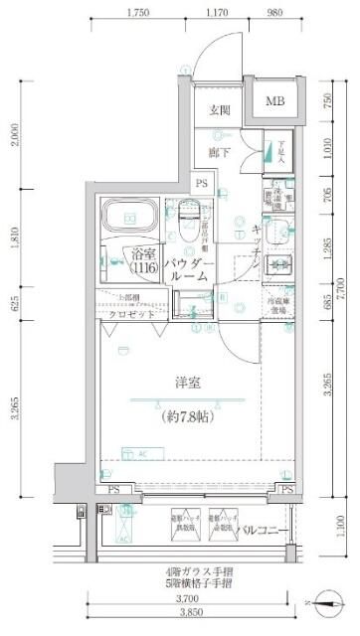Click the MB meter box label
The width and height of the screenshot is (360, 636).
pos(273,100)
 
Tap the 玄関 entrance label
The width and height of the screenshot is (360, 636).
pos(220,111)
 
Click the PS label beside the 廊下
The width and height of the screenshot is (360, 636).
pos(202,183)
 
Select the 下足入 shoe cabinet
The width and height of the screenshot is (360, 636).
pos(278,151)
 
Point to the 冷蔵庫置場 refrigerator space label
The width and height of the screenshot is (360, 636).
pos(278,304)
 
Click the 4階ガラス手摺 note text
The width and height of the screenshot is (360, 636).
pos(193,571)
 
